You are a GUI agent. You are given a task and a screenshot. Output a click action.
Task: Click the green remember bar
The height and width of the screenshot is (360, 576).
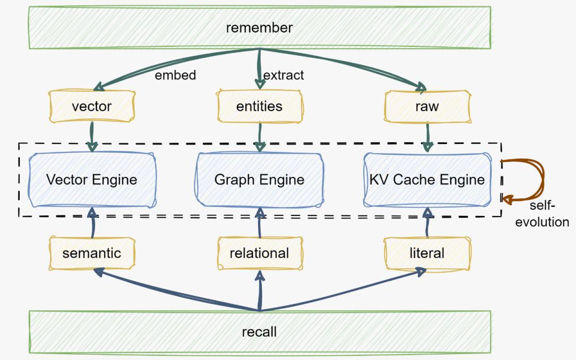259,27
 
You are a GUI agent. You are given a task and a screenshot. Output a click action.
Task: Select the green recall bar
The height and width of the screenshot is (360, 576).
259,332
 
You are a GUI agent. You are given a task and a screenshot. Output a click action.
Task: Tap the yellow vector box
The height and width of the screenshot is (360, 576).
92,106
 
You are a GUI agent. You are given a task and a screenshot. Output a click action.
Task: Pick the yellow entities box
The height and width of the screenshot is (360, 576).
259,106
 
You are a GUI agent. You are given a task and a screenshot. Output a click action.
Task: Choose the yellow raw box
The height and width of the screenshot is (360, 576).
427,106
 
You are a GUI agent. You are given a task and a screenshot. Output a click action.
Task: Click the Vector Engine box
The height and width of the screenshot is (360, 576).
92,179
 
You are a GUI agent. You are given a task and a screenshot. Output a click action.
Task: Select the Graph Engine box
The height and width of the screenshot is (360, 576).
259,179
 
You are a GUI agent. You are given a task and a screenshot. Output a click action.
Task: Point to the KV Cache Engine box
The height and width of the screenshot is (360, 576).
427,179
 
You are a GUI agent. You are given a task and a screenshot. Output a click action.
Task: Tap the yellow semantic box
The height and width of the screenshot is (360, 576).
92,253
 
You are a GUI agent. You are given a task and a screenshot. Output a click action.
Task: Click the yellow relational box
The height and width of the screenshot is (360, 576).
259,253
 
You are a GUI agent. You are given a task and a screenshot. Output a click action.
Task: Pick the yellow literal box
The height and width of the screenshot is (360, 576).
427,253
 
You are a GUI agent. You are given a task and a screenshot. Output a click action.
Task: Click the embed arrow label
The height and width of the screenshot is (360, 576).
175,75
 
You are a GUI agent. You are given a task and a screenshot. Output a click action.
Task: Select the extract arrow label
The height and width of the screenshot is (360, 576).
284,75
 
